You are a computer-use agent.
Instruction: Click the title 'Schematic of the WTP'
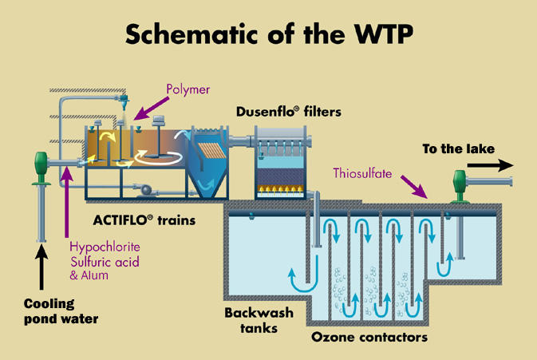coord(269,34)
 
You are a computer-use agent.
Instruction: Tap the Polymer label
coord(188,89)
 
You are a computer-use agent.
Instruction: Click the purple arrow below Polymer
coord(151,109)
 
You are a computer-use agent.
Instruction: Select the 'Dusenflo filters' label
coord(289,112)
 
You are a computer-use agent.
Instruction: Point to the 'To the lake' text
coord(458,148)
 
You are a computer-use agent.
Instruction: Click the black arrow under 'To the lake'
coord(490,165)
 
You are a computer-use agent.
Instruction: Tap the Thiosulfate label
coord(362,173)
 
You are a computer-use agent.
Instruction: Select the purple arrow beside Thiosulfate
coord(414,187)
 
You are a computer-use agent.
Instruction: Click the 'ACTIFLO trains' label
coord(144,220)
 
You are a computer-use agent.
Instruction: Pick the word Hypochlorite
coord(105,247)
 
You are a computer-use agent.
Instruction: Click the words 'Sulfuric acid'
coord(105,262)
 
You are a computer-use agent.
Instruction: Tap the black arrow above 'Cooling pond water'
coord(41,267)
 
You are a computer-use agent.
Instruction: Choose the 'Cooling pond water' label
coord(61,311)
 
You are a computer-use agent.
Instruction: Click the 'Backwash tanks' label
coord(259,320)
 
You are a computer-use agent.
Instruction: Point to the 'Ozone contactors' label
coord(369,337)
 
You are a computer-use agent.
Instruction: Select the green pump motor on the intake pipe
coord(41,168)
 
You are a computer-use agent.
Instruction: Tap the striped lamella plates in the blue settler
coord(211,151)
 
